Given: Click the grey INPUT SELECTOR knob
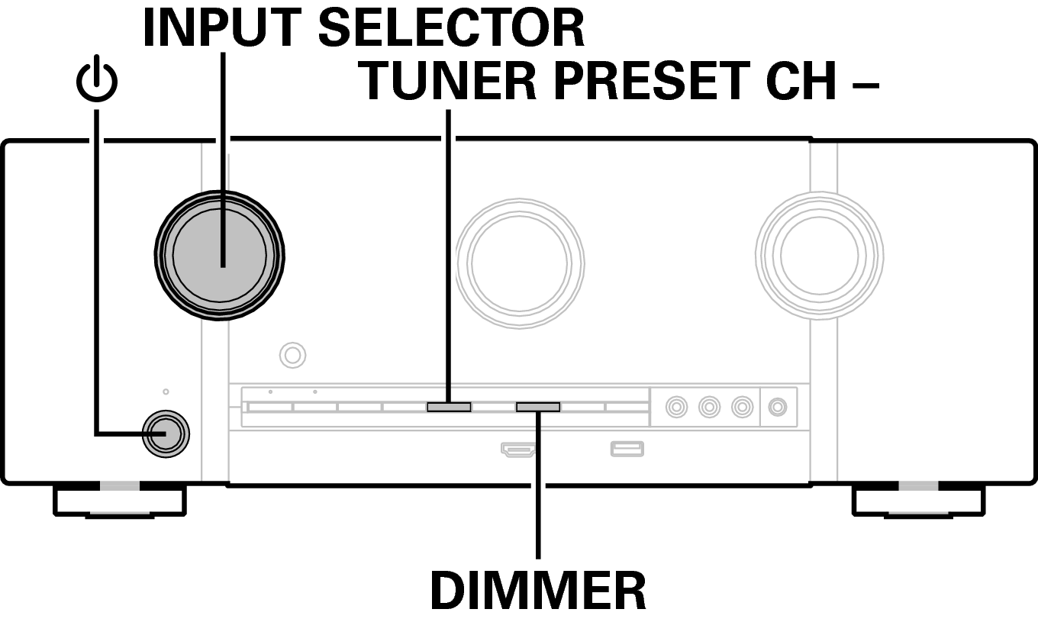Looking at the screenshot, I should (220, 255).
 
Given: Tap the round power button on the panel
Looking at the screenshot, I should (167, 434).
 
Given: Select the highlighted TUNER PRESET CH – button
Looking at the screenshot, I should (449, 407).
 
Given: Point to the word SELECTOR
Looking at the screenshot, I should (451, 28).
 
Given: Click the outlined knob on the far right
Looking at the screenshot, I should (819, 253).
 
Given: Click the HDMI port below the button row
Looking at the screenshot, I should (518, 449).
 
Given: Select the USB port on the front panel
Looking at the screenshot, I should (627, 449).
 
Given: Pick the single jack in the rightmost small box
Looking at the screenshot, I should (778, 407).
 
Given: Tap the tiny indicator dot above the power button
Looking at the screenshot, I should (166, 392).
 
